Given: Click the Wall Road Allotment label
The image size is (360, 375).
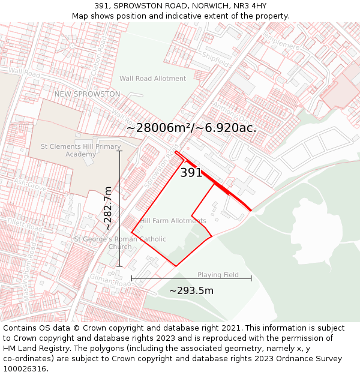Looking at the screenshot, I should (152, 79).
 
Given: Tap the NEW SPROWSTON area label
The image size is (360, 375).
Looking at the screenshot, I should (87, 94).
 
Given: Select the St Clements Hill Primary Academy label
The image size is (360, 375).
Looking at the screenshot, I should (80, 151).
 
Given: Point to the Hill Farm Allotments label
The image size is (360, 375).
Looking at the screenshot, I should (173, 221).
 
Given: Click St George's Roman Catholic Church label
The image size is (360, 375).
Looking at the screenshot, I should (120, 243).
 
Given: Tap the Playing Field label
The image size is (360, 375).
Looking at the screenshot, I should (218, 275).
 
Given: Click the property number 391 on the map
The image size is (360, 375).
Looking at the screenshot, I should (191, 173).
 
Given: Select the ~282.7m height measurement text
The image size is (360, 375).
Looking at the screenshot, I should (108, 208).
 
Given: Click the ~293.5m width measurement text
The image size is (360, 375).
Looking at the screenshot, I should (191, 291).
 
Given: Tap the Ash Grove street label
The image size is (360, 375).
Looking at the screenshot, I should (30, 184).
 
